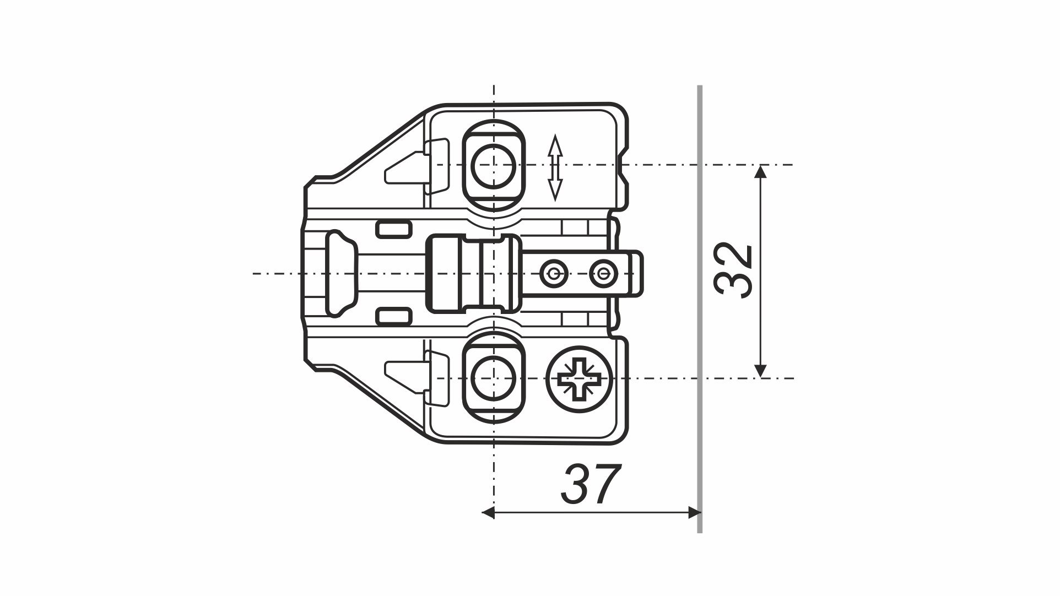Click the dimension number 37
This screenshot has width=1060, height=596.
[592, 485]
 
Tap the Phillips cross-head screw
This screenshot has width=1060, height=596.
[579, 378]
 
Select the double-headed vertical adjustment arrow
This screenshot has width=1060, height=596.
[555, 167]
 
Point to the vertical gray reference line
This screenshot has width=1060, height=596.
[700, 308]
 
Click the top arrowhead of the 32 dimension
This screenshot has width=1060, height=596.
[761, 172]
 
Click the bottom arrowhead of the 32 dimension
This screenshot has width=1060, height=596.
[761, 371]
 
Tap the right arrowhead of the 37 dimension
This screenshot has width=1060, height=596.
[694, 513]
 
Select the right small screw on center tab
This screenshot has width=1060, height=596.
[601, 273]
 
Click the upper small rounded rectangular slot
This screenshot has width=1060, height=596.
[394, 229]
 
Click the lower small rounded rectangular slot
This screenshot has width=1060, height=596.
[394, 316]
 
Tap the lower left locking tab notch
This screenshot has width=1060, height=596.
[405, 375]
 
